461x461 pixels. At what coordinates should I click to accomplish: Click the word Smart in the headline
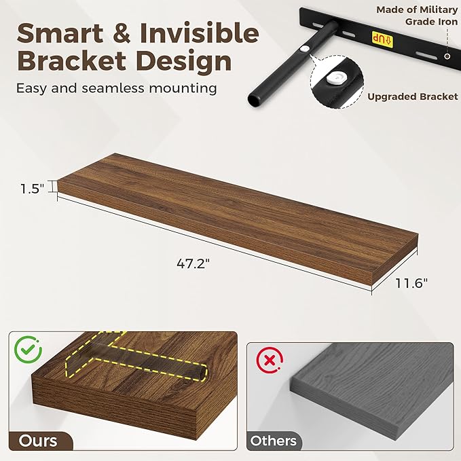(60, 33)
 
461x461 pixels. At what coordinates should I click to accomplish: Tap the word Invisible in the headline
(200, 33)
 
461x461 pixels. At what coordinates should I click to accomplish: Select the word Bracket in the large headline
(72, 61)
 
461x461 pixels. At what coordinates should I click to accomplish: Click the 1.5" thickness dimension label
(32, 188)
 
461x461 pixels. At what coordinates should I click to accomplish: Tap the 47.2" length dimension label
(193, 263)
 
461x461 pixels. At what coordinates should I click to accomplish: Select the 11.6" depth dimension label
(411, 283)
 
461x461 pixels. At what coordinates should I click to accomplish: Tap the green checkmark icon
(29, 349)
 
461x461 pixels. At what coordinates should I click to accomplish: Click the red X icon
(270, 360)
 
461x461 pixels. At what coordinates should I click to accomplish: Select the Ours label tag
(39, 441)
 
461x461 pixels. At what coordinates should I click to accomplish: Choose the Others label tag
(274, 441)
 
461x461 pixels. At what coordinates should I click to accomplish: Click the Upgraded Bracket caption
(413, 96)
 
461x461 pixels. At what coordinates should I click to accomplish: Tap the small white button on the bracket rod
(305, 49)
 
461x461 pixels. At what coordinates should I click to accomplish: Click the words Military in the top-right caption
(439, 10)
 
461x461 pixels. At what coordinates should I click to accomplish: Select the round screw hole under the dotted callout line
(447, 56)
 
